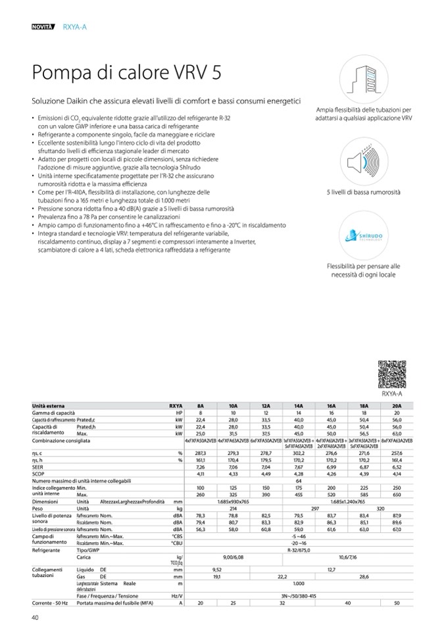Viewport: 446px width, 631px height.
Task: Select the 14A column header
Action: click(299, 406)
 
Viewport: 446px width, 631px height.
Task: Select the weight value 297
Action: click(314, 509)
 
